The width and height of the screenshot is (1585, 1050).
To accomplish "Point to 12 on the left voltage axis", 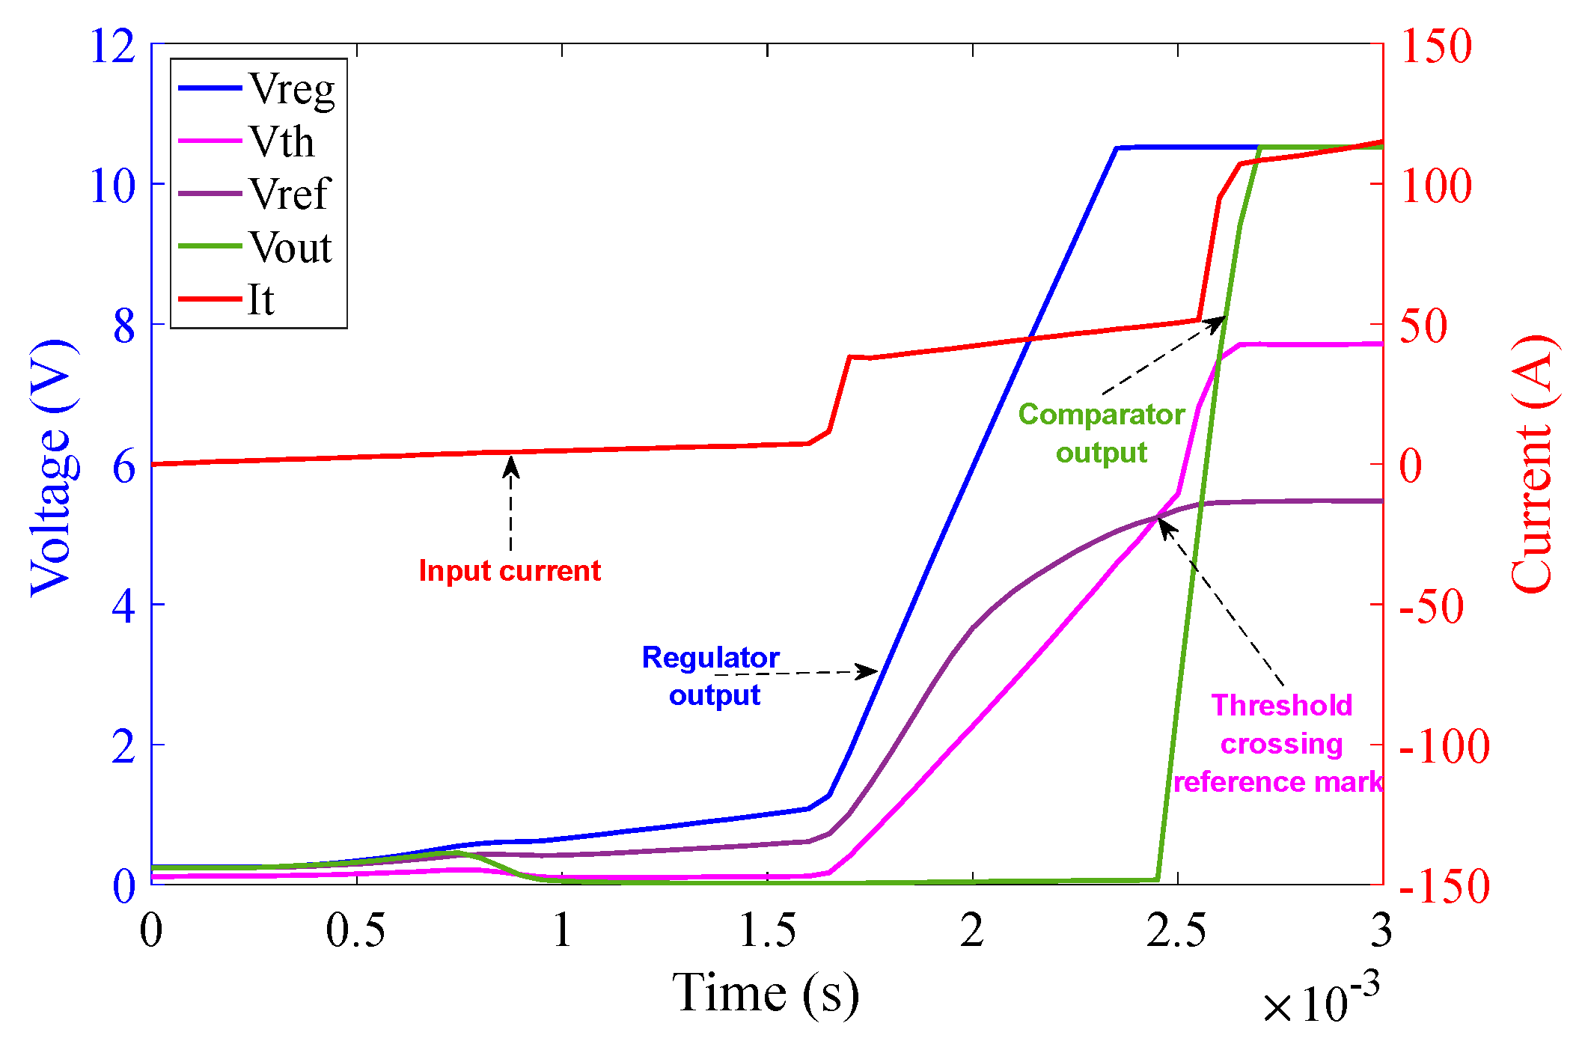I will tap(112, 46).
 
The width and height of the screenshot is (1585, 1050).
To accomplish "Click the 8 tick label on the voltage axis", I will tap(124, 326).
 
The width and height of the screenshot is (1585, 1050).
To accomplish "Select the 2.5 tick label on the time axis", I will tap(1176, 931).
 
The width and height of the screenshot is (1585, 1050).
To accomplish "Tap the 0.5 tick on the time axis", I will tap(356, 931).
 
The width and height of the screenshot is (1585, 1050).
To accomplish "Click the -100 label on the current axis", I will tap(1443, 746).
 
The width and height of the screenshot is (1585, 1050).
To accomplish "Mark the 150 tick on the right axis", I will tap(1435, 46).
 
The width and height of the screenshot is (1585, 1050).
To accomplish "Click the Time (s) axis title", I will tap(766, 993).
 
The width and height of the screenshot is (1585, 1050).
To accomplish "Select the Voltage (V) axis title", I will tap(52, 468).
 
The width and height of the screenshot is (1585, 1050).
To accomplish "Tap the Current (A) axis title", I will tap(1531, 464).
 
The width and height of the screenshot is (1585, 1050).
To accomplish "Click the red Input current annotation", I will tap(509, 571).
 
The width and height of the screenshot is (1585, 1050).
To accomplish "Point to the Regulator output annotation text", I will tap(712, 676).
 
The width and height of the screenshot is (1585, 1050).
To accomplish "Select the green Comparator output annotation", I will tap(1101, 433).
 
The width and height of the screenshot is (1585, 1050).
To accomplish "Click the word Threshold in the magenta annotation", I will tap(1281, 706).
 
